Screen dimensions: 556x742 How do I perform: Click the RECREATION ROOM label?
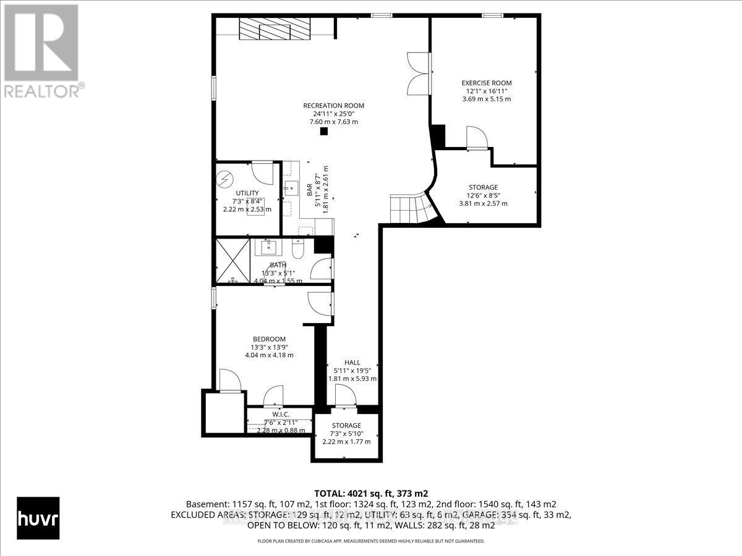click(333, 106)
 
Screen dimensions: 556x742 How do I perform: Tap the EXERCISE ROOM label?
click(487, 83)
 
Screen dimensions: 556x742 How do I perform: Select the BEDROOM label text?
click(269, 339)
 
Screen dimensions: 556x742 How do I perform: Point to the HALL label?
click(352, 363)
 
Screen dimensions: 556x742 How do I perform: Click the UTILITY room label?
click(247, 193)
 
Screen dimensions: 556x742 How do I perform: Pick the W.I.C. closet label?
click(281, 414)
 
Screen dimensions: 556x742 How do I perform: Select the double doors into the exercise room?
click(419, 73)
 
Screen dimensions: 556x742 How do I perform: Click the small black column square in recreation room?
click(323, 131)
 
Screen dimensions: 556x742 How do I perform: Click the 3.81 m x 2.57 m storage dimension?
click(483, 203)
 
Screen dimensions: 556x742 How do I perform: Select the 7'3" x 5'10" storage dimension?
click(346, 434)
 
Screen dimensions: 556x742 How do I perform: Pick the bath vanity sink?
click(269, 248)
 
